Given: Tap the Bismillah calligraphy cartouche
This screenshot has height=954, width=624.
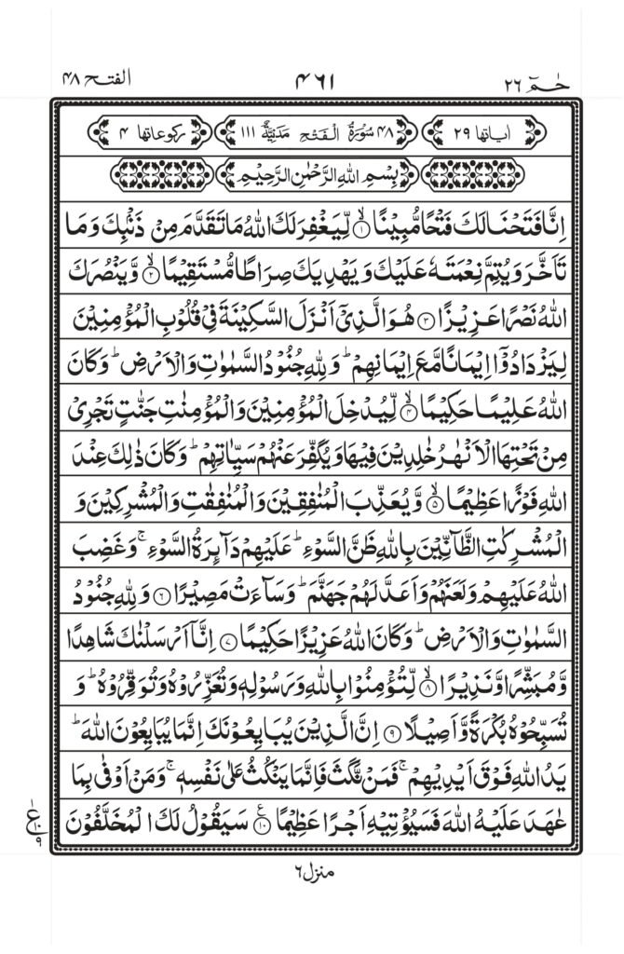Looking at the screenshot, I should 313,174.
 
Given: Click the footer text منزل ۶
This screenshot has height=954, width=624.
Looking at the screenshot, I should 312,898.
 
